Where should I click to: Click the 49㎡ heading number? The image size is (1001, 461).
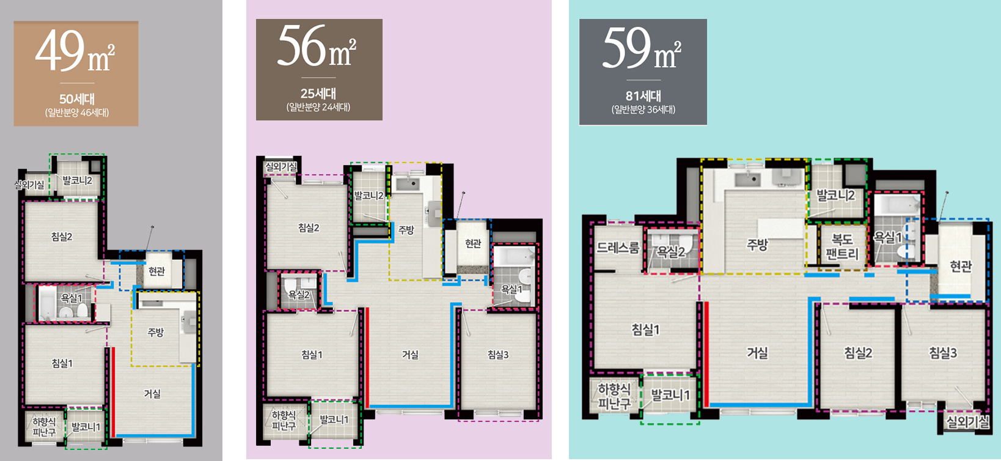click(60, 50)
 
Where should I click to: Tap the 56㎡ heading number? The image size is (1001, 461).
click(301, 46)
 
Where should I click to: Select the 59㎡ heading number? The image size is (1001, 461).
click(626, 48)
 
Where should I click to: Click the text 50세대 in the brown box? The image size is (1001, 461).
click(77, 99)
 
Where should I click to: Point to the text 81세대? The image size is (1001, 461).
click(643, 96)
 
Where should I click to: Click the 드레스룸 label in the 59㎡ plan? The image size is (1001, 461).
click(618, 248)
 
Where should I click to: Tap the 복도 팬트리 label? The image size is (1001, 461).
click(842, 247)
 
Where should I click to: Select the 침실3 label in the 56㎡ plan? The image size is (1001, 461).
click(498, 355)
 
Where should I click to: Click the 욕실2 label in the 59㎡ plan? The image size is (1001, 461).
click(671, 253)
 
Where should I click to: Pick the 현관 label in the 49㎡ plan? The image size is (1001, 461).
click(157, 271)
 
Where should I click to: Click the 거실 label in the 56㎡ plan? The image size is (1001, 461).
click(410, 355)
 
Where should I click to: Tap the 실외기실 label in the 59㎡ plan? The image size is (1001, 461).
click(967, 421)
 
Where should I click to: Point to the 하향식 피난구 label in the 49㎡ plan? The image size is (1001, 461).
click(44, 427)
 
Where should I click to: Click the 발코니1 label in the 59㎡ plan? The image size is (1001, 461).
click(670, 395)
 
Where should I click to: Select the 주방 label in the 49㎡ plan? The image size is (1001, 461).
click(156, 332)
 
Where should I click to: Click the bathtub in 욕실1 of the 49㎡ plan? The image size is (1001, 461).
click(46, 303)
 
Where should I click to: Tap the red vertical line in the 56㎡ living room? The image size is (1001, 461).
click(367, 357)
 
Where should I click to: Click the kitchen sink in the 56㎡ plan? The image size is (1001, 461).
click(408, 183)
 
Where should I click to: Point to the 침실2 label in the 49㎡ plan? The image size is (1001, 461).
click(62, 237)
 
